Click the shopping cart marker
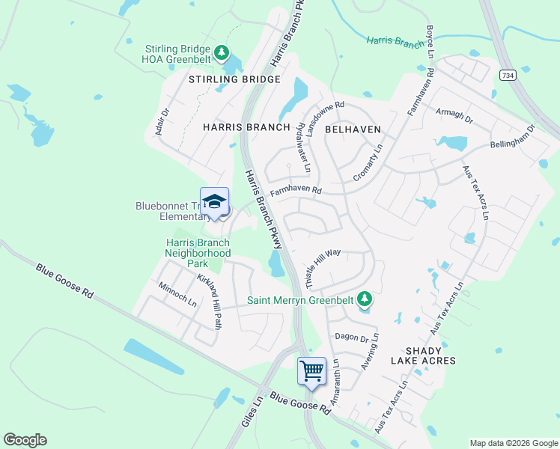pos(311,370)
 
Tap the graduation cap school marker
pos(215,202)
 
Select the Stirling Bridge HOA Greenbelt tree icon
pos(222,52)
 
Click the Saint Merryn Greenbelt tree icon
pos(365,299)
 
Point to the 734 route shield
pos(507,76)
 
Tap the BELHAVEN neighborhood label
pos(353,129)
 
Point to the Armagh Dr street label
pos(454,114)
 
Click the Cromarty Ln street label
pos(368,162)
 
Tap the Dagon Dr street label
pos(351,337)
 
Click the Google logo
pos(25,440)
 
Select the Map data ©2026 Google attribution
pos(513,443)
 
